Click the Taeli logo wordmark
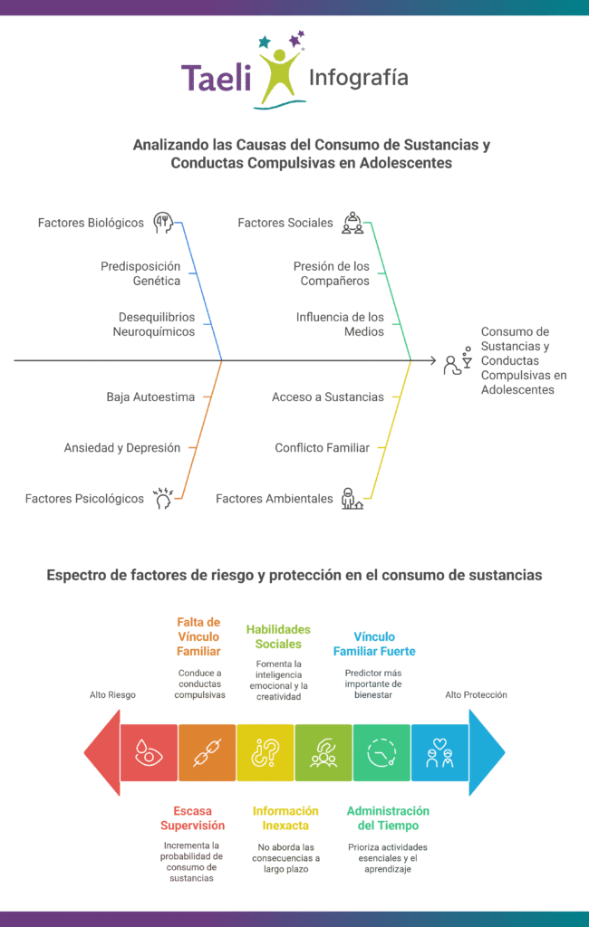[x=216, y=78]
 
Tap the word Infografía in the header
[x=359, y=78]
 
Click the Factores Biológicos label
[x=91, y=223]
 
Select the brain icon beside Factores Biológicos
[x=163, y=223]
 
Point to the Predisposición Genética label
[x=140, y=273]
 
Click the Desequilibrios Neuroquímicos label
[x=154, y=325]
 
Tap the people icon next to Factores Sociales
[x=352, y=223]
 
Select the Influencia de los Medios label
[x=340, y=325]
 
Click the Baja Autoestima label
[x=150, y=397]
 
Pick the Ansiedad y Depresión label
[x=122, y=447]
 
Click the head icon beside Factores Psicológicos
[x=163, y=499]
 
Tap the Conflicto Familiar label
[x=322, y=447]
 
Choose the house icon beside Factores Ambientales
[x=352, y=499]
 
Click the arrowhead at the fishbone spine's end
[x=434, y=360]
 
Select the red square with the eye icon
[x=149, y=752]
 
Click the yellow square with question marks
[x=266, y=752]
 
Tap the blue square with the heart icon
[x=439, y=752]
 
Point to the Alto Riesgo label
[x=112, y=694]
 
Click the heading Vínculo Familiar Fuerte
[x=374, y=644]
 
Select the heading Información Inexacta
[x=285, y=818]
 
